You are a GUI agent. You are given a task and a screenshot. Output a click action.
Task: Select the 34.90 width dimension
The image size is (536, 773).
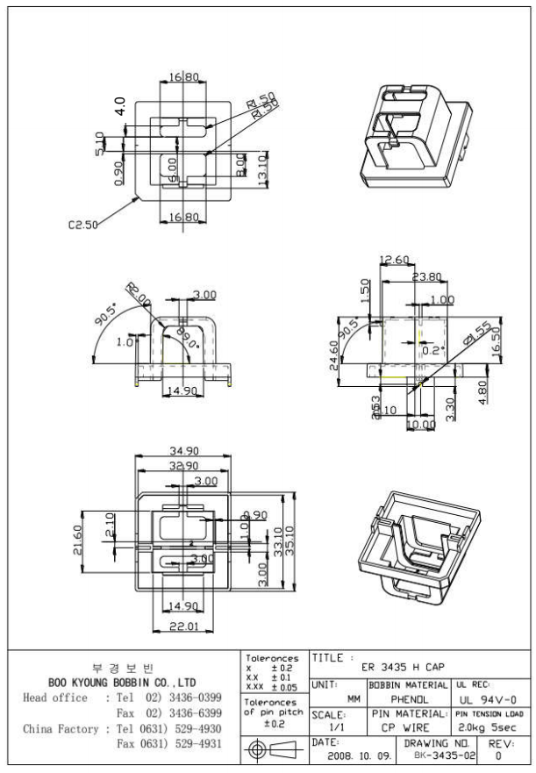182,451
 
